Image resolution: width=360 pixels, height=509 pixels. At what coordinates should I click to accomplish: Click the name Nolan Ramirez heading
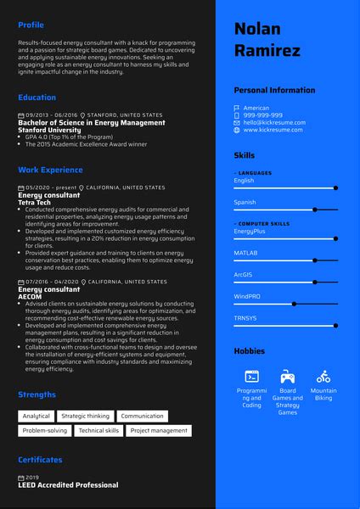pyautogui.click(x=267, y=40)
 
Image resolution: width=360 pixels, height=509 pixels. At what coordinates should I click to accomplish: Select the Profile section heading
pyautogui.click(x=32, y=25)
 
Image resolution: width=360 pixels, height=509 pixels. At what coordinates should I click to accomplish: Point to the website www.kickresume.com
pyautogui.click(x=273, y=130)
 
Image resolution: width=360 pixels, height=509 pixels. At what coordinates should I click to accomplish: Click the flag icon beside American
pyautogui.click(x=237, y=109)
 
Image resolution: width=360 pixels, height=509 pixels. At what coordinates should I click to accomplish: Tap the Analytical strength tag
pyautogui.click(x=37, y=417)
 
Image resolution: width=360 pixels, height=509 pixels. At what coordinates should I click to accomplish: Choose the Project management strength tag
pyautogui.click(x=159, y=431)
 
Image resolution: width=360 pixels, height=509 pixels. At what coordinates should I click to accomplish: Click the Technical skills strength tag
pyautogui.click(x=99, y=431)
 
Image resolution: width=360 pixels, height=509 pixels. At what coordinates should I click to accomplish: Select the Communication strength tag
pyautogui.click(x=142, y=417)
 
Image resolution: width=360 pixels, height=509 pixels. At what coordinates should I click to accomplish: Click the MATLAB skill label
pyautogui.click(x=245, y=253)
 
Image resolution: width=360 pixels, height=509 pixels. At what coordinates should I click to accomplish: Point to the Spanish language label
pyautogui.click(x=245, y=202)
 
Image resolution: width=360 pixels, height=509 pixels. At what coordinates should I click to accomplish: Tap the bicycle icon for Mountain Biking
pyautogui.click(x=323, y=376)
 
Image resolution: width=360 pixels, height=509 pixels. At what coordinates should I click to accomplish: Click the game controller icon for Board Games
pyautogui.click(x=288, y=376)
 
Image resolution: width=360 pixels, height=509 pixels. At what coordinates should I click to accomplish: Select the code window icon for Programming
pyautogui.click(x=251, y=376)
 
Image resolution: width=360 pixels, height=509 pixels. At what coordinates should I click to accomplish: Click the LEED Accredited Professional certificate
pyautogui.click(x=68, y=485)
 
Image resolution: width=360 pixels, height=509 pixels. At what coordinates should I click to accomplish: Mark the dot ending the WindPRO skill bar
pyautogui.click(x=294, y=303)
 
